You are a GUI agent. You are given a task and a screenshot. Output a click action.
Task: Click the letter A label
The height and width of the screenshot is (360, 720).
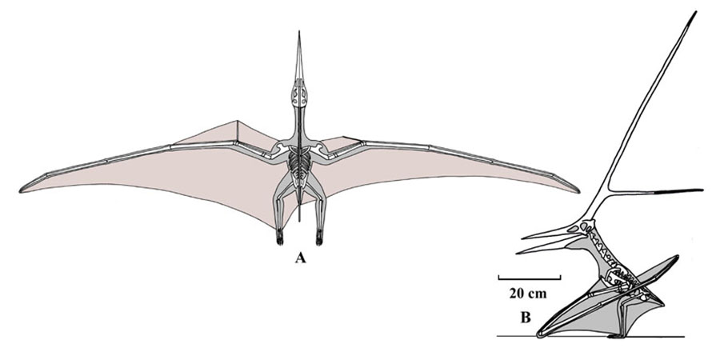coord(300,258)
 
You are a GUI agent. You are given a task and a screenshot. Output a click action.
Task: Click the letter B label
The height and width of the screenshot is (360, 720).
coord(525,318)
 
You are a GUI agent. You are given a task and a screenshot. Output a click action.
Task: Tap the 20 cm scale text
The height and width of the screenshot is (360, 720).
coord(528,294)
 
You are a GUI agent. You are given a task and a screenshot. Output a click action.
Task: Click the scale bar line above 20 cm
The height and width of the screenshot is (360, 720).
coord(530,278)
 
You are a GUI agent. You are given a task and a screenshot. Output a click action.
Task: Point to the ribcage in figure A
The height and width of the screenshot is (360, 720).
coord(299,168)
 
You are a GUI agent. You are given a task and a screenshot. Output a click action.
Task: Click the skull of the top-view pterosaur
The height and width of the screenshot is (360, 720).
coord(299,95)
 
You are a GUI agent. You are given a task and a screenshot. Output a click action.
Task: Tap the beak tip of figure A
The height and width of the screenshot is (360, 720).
coord(299,32)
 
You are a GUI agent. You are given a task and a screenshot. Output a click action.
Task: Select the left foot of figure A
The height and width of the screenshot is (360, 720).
coord(279,237)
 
